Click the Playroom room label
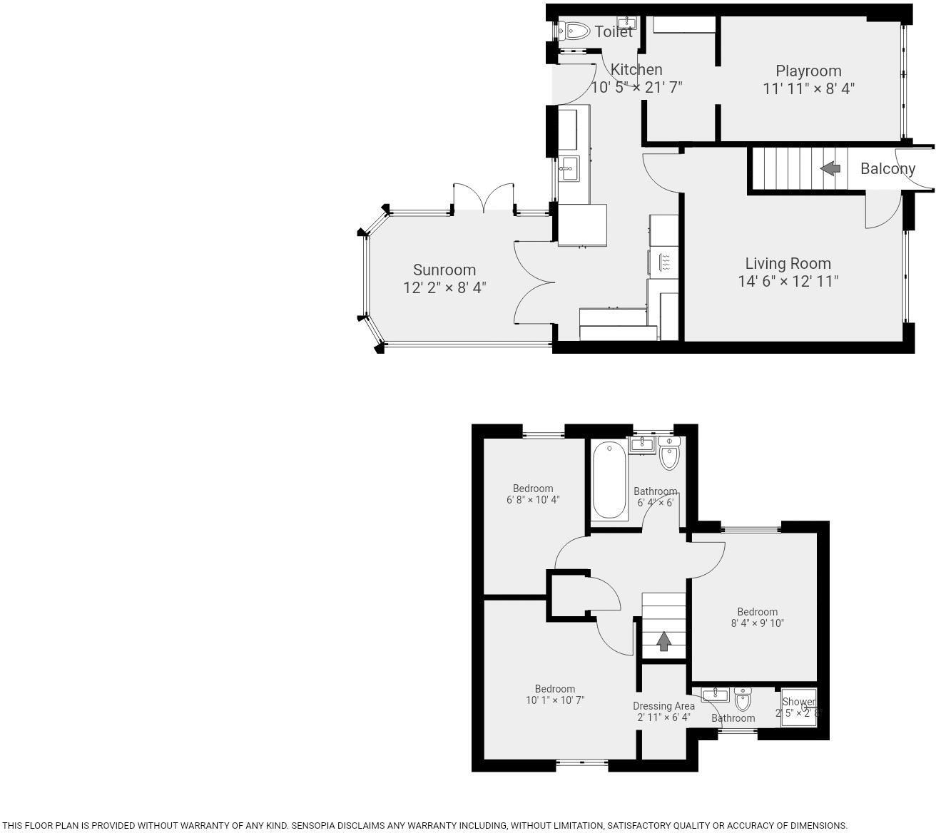(808, 71)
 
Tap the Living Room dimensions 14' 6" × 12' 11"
(788, 281)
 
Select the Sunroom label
(444, 270)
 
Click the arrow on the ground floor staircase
(830, 169)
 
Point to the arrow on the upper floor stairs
(663, 641)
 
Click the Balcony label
(887, 169)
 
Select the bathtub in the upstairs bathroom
(609, 479)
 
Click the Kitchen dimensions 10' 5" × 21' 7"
(636, 88)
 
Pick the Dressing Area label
(663, 706)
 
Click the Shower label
(798, 702)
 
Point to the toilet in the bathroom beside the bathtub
(669, 454)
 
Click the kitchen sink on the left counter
(569, 169)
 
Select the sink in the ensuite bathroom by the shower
(715, 695)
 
